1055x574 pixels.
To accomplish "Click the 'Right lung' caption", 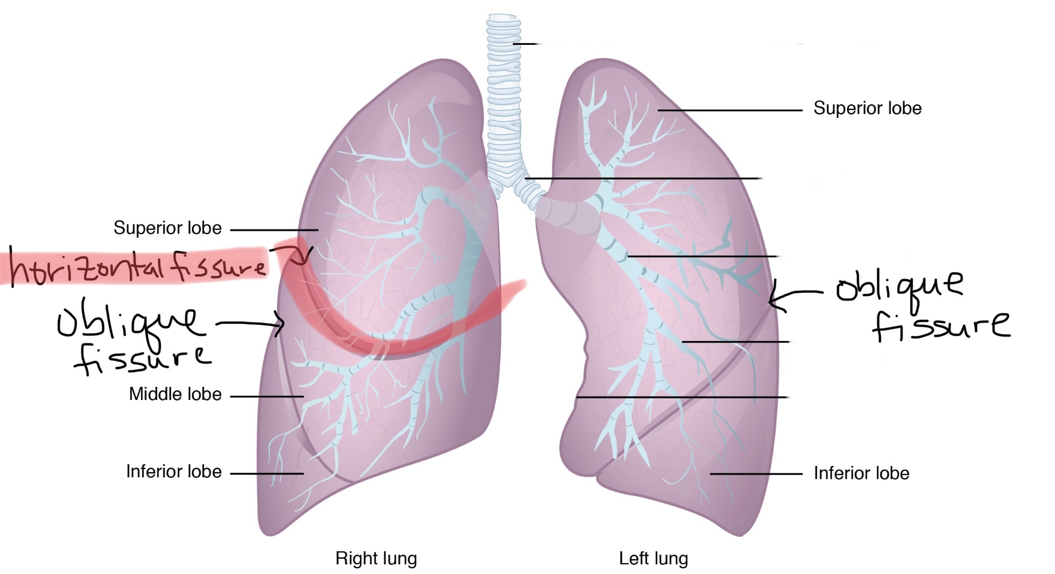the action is [x=376, y=558].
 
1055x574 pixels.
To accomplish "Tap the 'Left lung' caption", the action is [x=653, y=558].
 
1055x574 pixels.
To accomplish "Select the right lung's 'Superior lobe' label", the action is [x=168, y=228].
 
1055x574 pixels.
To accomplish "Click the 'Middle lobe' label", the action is [x=175, y=394].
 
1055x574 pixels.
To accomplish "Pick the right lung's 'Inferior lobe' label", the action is [x=174, y=471].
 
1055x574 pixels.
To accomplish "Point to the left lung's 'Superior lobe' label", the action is [x=867, y=108].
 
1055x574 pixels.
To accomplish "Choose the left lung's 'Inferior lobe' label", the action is [x=861, y=473].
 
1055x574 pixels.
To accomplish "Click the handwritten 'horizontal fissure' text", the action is [x=138, y=266].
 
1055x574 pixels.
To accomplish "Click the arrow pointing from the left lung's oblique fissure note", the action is [x=795, y=295].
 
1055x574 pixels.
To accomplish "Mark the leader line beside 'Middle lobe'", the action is [x=267, y=396].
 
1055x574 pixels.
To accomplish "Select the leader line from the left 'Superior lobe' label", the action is [x=730, y=110].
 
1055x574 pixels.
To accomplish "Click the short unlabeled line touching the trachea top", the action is [x=525, y=43].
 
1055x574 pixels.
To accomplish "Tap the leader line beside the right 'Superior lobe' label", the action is [x=274, y=230].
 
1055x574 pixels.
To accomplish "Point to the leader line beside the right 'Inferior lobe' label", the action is [x=267, y=473].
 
